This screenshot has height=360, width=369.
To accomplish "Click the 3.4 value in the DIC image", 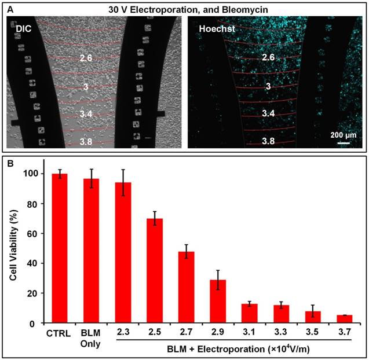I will pyautogui.click(x=87, y=113).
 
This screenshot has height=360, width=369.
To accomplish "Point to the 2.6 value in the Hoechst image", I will pyautogui.click(x=268, y=58).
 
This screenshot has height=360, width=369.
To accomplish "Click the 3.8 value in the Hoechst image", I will pyautogui.click(x=268, y=141).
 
